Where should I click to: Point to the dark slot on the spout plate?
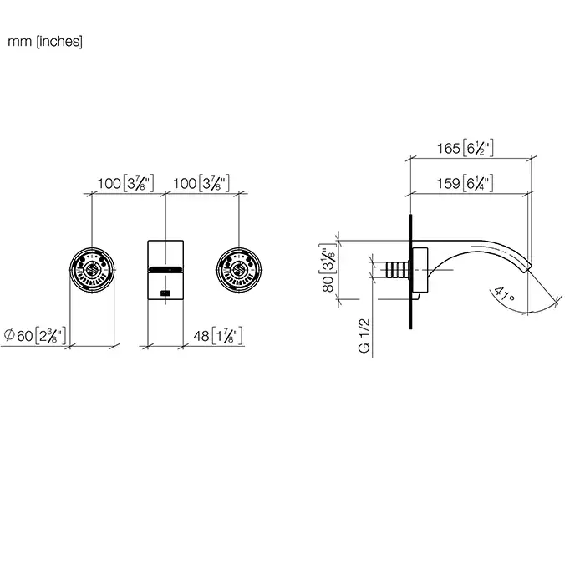(164, 270)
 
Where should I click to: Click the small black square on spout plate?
(165, 292)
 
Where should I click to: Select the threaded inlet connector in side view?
(394, 270)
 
